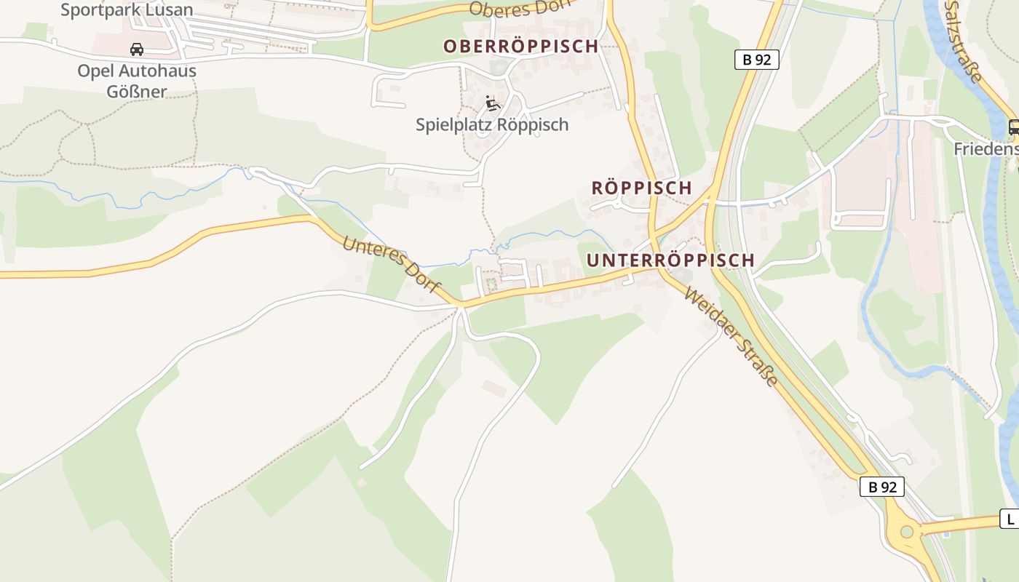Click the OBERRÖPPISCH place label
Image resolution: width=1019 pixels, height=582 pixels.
pyautogui.click(x=520, y=46)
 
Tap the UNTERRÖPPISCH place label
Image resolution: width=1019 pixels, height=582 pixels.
pyautogui.click(x=670, y=260)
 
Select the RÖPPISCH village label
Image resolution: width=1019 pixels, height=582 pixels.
pyautogui.click(x=641, y=188)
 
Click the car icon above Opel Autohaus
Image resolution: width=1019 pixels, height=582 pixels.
pyautogui.click(x=136, y=49)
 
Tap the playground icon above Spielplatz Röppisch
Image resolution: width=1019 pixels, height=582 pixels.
pyautogui.click(x=493, y=103)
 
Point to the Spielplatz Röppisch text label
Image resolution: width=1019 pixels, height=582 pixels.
pyautogui.click(x=492, y=124)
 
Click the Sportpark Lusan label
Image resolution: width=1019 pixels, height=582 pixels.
pyautogui.click(x=127, y=10)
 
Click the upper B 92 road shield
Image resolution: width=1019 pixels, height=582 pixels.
pyautogui.click(x=757, y=60)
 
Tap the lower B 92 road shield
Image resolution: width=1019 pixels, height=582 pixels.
pyautogui.click(x=882, y=487)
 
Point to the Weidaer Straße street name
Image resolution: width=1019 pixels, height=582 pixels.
pyautogui.click(x=731, y=338)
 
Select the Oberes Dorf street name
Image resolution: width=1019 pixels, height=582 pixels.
pyautogui.click(x=517, y=7)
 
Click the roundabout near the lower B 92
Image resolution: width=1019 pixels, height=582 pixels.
pyautogui.click(x=906, y=532)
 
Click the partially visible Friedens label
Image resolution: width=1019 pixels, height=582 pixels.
pyautogui.click(x=986, y=149)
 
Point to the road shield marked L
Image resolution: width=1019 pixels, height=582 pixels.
pyautogui.click(x=1010, y=519)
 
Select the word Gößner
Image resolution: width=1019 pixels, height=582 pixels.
pyautogui.click(x=137, y=92)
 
